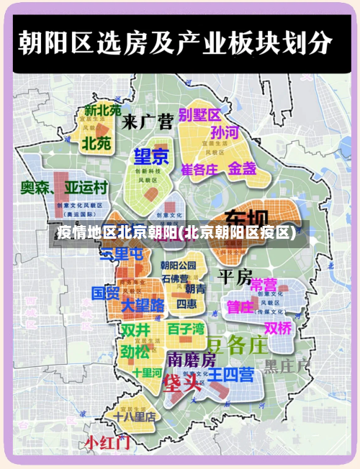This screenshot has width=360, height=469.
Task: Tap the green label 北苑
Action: pyautogui.click(x=96, y=142)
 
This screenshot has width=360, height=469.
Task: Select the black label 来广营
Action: pyautogui.click(x=148, y=121)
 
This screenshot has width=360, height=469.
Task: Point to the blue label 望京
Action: pyautogui.click(x=151, y=156)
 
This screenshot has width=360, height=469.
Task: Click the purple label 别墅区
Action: pyautogui.click(x=200, y=114)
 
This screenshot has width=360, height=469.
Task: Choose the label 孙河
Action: pyautogui.click(x=224, y=133)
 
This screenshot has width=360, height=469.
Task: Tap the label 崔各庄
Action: pyautogui.click(x=199, y=170)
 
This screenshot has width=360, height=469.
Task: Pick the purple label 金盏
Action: pyautogui.click(x=243, y=168)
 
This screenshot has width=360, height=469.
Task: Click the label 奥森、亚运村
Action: pyautogui.click(x=64, y=188)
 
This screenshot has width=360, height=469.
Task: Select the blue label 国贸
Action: pyautogui.click(x=105, y=293)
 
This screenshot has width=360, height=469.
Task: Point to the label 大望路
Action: pyautogui.click(x=143, y=306)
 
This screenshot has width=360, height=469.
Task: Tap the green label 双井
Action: pyautogui.click(x=135, y=330)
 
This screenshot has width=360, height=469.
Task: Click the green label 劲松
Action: pyautogui.click(x=135, y=352)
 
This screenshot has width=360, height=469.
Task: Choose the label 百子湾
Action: pyautogui.click(x=186, y=329)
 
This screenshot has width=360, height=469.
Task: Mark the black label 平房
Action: pyautogui.click(x=235, y=276)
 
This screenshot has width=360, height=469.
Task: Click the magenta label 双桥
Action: pyautogui.click(x=278, y=328)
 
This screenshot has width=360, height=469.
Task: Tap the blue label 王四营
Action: pyautogui.click(x=230, y=374)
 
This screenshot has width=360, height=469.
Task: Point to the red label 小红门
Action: pyautogui.click(x=108, y=442)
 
